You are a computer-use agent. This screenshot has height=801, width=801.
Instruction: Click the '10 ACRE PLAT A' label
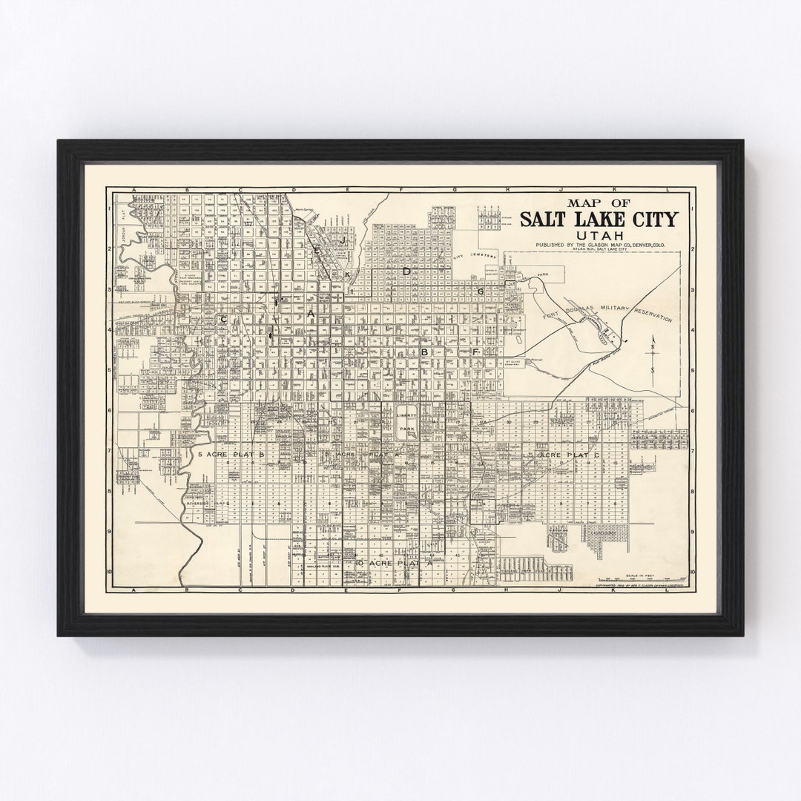(x=392, y=564)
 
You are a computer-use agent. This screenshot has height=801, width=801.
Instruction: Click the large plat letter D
(x=406, y=272)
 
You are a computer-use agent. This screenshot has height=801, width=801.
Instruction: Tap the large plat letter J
(x=343, y=242)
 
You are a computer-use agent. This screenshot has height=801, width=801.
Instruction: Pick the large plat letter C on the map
(x=222, y=318)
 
